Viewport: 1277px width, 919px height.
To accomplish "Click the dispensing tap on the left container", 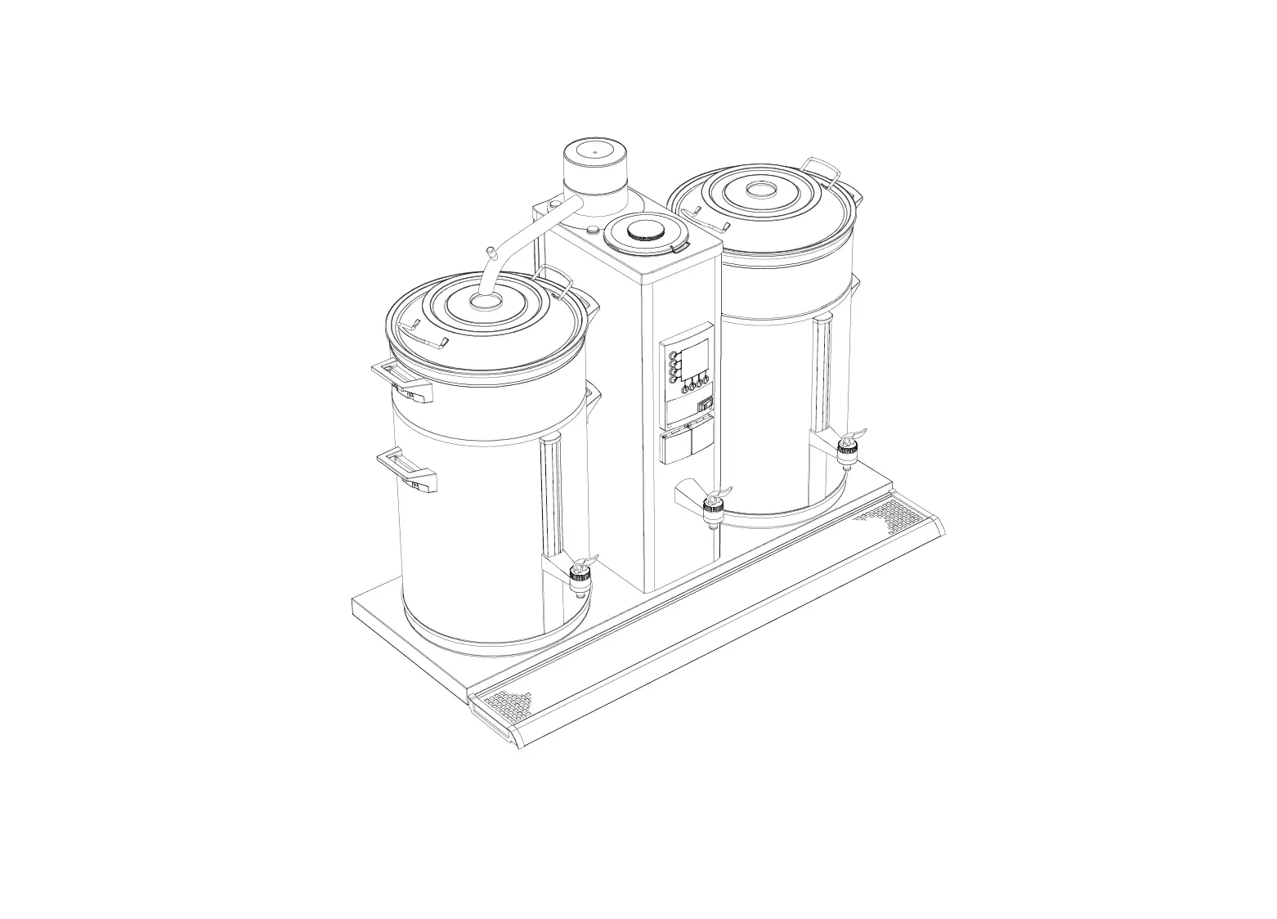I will pyautogui.click(x=580, y=570).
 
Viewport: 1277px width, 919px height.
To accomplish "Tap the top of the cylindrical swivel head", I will pyautogui.click(x=594, y=151).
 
